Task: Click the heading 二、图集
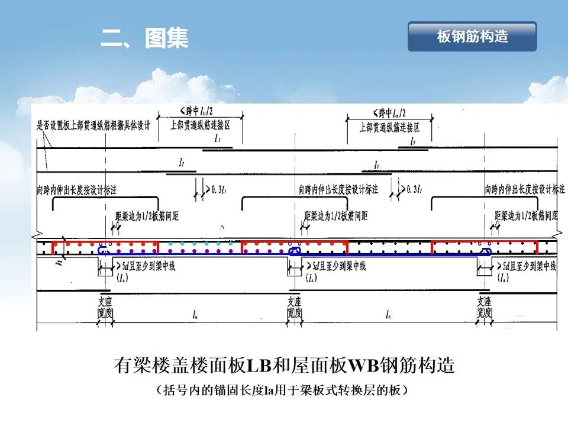[x=144, y=38]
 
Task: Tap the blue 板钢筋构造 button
[x=472, y=37]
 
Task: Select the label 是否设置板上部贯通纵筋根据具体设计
[x=94, y=125]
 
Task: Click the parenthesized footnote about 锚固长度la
[x=284, y=390]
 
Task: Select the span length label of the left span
[x=195, y=312]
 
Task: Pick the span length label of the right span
[x=387, y=312]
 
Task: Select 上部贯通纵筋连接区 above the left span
[x=200, y=125]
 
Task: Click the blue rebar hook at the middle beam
[x=294, y=251]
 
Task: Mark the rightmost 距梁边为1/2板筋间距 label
[x=525, y=214]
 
